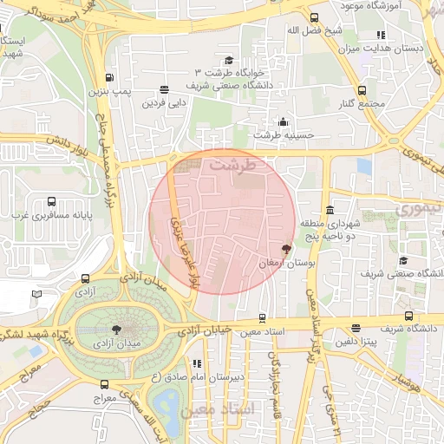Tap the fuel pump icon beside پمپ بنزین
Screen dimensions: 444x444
coord(108,76)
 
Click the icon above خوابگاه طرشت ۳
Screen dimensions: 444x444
coord(229,60)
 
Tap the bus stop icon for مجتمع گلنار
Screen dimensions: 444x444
coord(362,91)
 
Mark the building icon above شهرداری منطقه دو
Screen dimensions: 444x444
coord(330,211)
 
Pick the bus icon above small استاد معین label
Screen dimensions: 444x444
coord(263,318)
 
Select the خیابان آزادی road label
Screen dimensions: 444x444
coord(206,330)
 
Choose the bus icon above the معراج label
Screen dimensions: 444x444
coord(105,384)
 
